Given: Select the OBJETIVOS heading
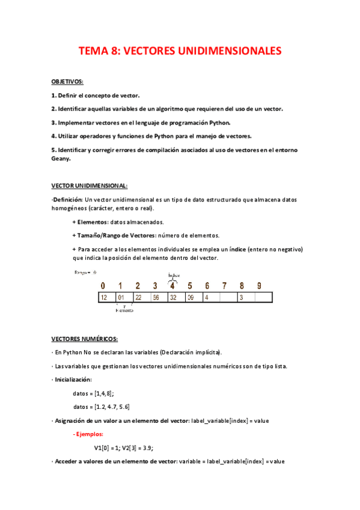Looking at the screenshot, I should click(67, 81).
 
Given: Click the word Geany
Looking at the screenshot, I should click(61, 159).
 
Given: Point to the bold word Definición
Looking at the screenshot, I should click(67, 199).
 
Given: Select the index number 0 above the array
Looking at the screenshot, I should click(103, 286).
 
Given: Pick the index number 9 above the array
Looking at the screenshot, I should click(258, 286).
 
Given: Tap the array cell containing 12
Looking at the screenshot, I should click(104, 297).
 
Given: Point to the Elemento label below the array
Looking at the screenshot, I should click(124, 310).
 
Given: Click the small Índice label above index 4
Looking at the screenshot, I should click(174, 275).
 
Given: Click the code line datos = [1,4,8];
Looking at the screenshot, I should click(93, 393).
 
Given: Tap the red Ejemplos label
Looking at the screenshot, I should click(88, 434).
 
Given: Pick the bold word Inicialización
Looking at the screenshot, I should click(73, 379).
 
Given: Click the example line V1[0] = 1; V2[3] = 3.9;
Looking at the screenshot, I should click(128, 447).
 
